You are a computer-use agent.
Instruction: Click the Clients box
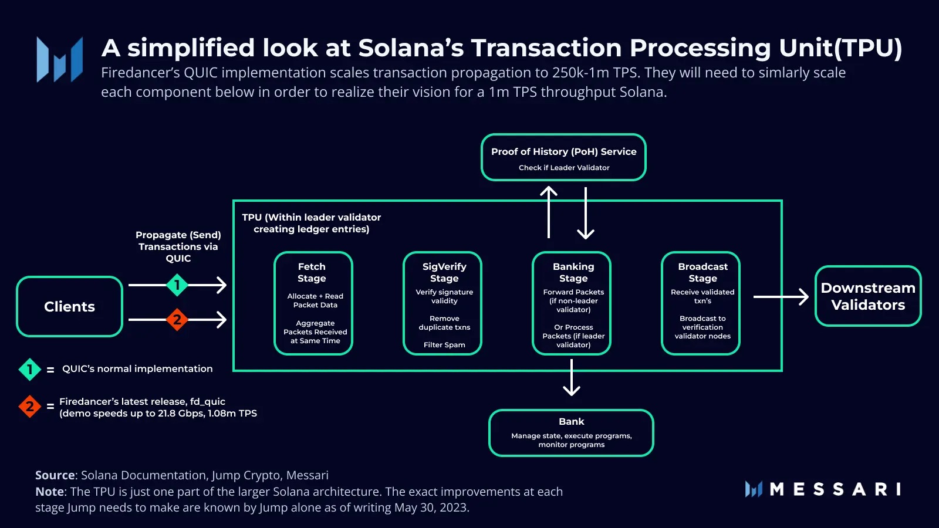[69, 306]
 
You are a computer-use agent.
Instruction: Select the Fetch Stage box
[313, 303]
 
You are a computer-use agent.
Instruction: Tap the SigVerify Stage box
[443, 303]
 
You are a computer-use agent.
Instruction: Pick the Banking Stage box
[572, 303]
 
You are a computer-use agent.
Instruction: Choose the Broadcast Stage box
[701, 303]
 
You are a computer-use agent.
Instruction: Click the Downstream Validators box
[868, 296]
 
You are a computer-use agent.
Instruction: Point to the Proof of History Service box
[563, 157]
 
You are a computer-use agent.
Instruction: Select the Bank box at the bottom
[571, 433]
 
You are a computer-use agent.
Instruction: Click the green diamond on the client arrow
[177, 285]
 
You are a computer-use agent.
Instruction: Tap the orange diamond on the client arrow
[177, 320]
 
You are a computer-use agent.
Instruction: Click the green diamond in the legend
[29, 370]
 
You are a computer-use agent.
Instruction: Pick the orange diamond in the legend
[29, 406]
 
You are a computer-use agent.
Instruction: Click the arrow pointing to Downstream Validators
[781, 297]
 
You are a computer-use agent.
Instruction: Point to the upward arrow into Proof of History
[549, 211]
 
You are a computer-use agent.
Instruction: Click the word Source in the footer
[55, 475]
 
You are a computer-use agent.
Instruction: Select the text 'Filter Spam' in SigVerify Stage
[444, 345]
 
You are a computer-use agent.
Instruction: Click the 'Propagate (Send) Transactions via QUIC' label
[178, 246]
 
